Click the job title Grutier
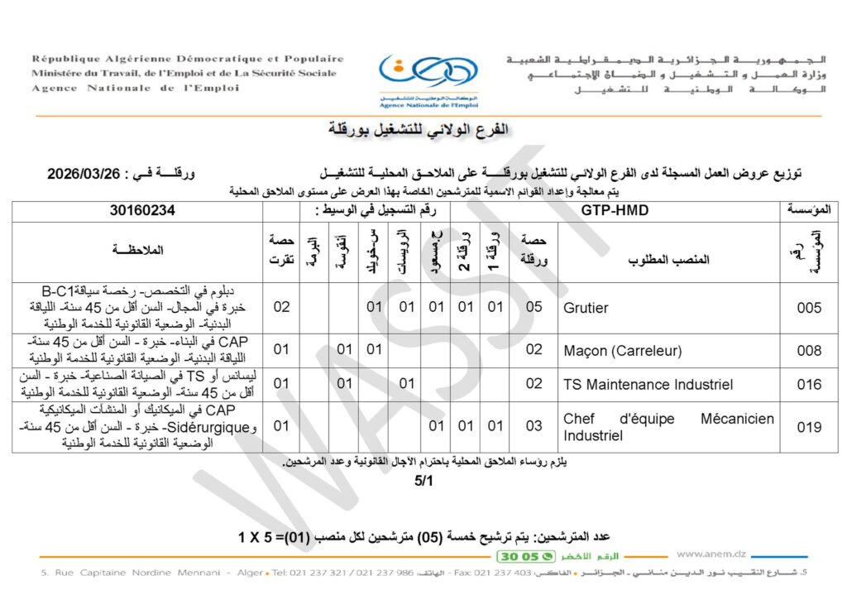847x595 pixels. tap(586, 308)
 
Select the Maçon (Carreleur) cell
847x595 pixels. tap(622, 351)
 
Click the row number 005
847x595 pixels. tap(809, 308)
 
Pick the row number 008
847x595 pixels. tap(809, 351)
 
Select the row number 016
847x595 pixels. tap(809, 384)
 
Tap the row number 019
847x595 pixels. tap(809, 427)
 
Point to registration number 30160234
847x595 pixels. tap(142, 211)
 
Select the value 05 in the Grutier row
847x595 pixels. tap(534, 308)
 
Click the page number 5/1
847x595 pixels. tap(423, 481)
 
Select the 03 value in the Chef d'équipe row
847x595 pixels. tap(534, 427)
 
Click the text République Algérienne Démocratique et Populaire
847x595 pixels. tap(188, 59)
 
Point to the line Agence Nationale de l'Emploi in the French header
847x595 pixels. tap(136, 88)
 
